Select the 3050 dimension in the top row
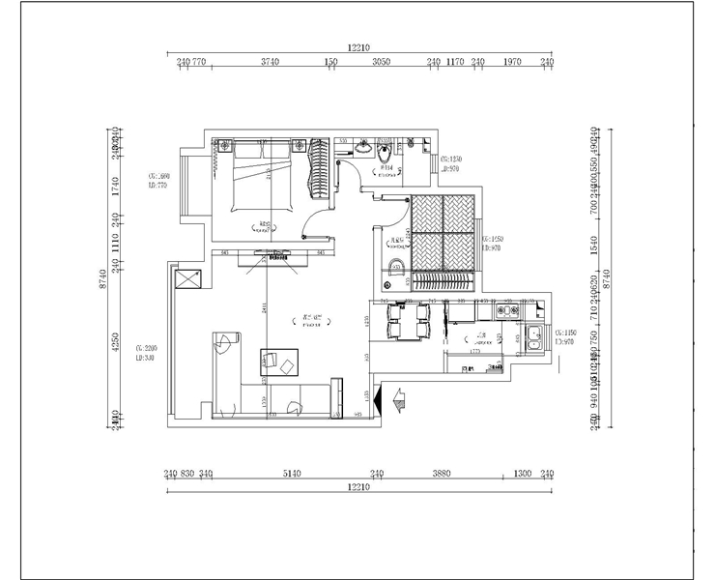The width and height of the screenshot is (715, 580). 381,62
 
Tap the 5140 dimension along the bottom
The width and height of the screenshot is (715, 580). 292,474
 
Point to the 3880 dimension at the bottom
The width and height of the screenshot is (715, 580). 442,474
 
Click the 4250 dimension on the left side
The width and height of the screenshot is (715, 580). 115,343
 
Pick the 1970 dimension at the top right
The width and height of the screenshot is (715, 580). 512,62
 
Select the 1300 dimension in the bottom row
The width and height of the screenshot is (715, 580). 522,474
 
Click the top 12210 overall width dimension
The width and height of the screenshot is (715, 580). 358,46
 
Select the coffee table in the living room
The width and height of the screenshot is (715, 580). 279,362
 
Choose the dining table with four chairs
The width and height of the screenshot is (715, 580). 406,321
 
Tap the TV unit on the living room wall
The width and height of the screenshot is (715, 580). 272,255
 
